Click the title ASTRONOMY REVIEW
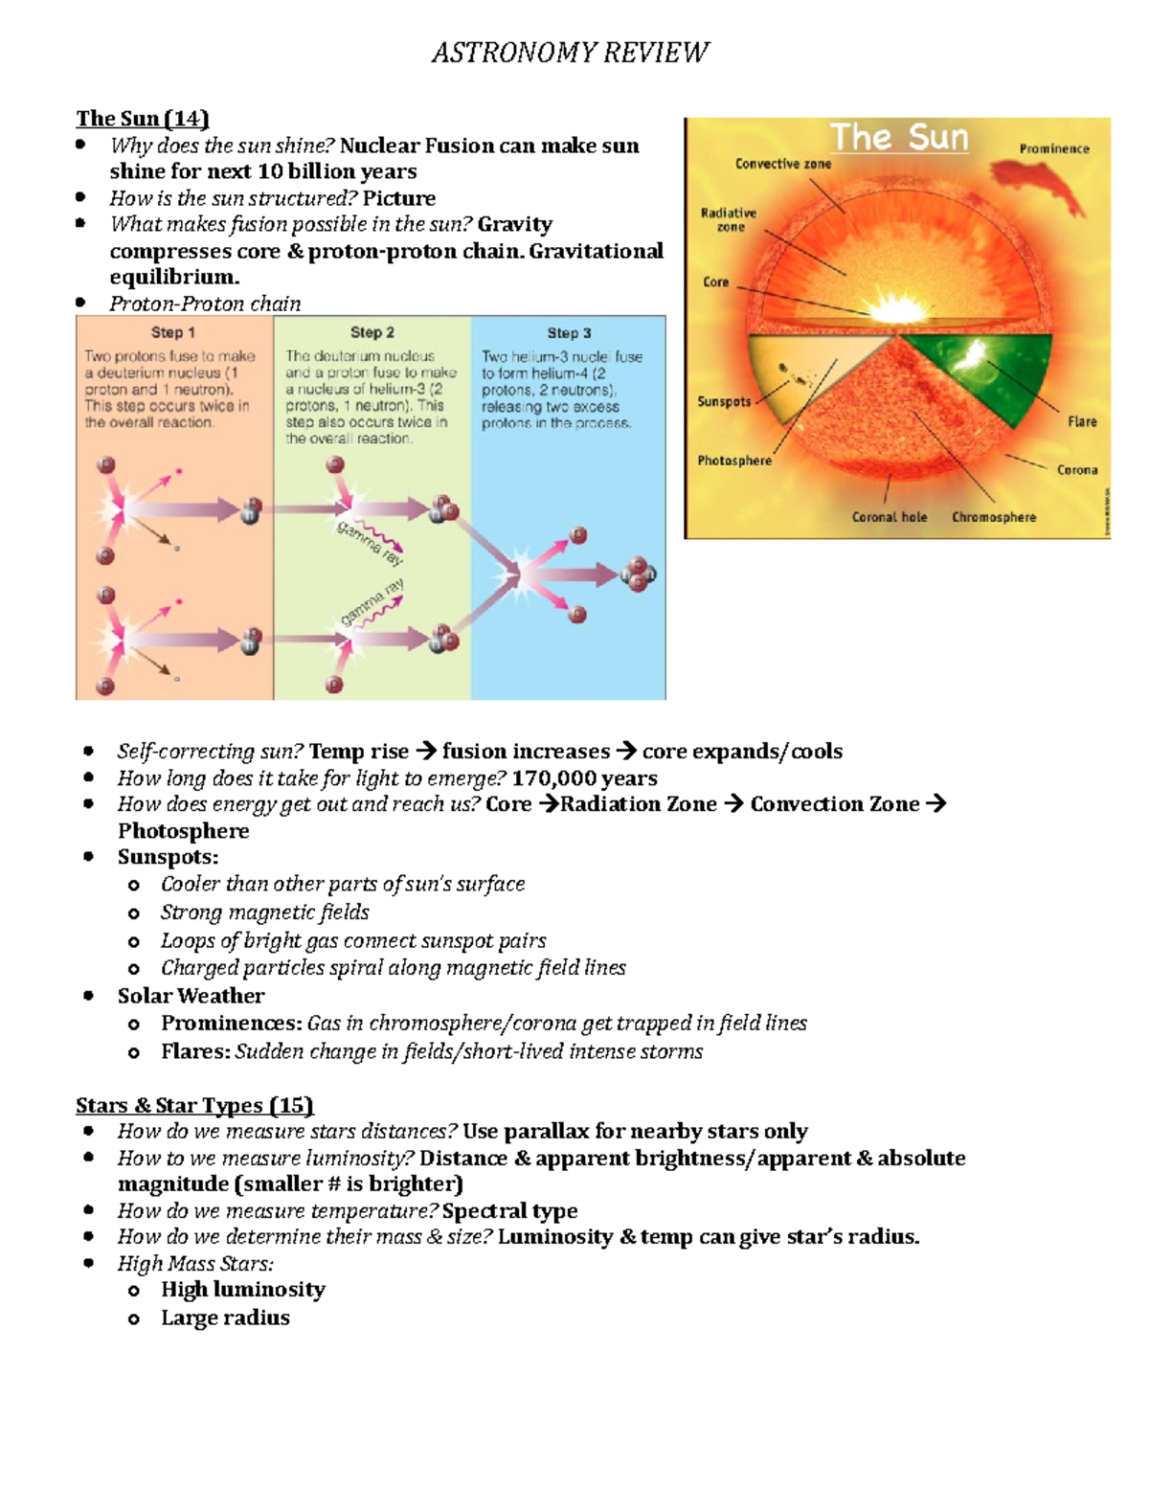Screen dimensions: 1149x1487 pyautogui.click(x=571, y=52)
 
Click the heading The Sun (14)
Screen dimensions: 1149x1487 pyautogui.click(x=143, y=119)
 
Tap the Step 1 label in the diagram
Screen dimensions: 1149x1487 pyautogui.click(x=173, y=332)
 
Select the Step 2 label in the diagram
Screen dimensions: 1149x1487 pyautogui.click(x=372, y=332)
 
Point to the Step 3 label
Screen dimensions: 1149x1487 pyautogui.click(x=569, y=333)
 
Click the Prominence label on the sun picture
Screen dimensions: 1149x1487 pyautogui.click(x=1054, y=149)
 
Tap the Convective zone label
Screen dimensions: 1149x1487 pyautogui.click(x=783, y=164)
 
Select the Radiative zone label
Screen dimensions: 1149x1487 pyautogui.click(x=729, y=220)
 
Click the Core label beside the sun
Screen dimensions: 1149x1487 pyautogui.click(x=715, y=282)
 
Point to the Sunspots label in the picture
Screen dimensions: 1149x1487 pyautogui.click(x=724, y=402)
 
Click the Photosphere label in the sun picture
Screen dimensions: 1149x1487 pyautogui.click(x=734, y=461)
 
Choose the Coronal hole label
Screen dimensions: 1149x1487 pyautogui.click(x=890, y=517)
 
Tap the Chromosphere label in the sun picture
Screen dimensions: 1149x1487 pyautogui.click(x=994, y=517)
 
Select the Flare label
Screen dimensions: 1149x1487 pyautogui.click(x=1082, y=421)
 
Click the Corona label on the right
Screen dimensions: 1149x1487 pyautogui.click(x=1077, y=470)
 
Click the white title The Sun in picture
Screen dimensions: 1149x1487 pyautogui.click(x=898, y=138)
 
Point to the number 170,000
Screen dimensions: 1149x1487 pyautogui.click(x=553, y=778)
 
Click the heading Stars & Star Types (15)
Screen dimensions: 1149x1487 pyautogui.click(x=195, y=1105)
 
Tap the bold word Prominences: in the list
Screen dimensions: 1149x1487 pyautogui.click(x=232, y=1024)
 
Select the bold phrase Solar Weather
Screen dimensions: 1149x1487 pyautogui.click(x=191, y=996)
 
